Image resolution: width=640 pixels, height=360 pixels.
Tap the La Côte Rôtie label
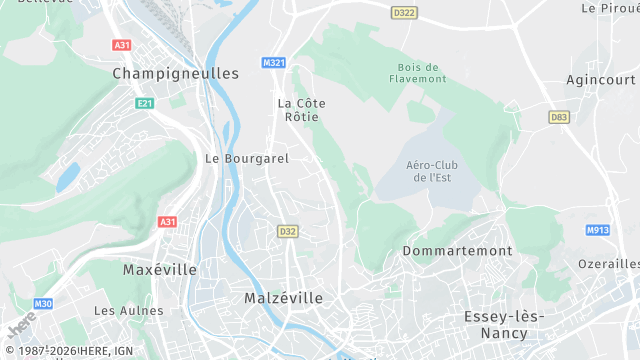301,109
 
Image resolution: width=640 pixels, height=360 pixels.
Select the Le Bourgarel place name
246,158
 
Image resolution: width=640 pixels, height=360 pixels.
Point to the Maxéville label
160,270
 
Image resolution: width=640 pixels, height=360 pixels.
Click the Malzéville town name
284,298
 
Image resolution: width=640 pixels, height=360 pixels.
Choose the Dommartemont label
457,251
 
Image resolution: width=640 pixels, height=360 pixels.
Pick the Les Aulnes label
121,311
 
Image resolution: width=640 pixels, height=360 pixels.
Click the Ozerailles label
609,264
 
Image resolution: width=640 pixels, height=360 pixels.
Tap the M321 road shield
274,62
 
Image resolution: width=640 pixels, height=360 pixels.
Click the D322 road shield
404,13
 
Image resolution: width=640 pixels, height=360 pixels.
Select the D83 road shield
559,117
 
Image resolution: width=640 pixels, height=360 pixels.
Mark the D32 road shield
288,231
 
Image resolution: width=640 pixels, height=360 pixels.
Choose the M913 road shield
597,230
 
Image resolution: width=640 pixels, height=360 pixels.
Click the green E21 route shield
146,103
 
